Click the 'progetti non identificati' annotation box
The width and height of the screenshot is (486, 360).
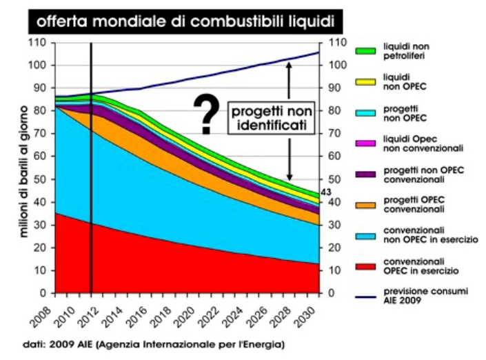click(267, 118)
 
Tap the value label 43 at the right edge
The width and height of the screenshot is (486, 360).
click(327, 192)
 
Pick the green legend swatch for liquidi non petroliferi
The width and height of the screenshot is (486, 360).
click(365, 51)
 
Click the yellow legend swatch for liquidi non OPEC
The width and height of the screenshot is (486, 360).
click(365, 81)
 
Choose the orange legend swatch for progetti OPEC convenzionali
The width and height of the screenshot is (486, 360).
click(365, 204)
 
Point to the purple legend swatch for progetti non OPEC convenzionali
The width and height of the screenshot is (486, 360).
click(365, 174)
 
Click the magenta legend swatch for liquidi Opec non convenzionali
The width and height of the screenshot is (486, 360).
click(365, 143)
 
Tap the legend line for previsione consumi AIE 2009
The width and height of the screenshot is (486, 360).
click(365, 297)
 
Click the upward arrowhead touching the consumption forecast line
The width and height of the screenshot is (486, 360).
click(290, 65)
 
